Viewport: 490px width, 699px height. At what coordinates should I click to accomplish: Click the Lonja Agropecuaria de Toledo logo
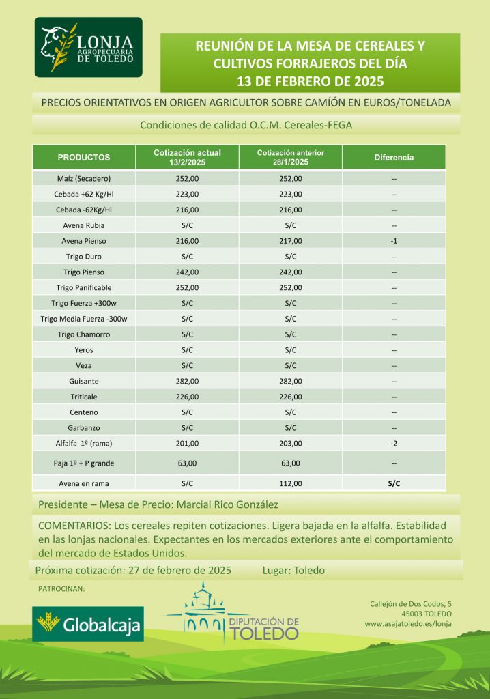pos(89,47)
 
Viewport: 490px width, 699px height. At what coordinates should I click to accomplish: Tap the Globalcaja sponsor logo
pos(88,624)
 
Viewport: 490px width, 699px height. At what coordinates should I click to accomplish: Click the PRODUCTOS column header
pos(84,157)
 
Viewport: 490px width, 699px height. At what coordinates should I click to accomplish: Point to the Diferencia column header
pos(394,157)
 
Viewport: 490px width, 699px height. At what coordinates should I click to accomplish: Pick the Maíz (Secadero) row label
pos(84,178)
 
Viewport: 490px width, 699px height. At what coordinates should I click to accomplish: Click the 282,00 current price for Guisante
pos(188,381)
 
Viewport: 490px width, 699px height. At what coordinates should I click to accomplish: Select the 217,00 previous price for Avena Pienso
pos(290,241)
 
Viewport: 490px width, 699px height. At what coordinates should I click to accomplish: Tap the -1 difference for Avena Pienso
pos(394,241)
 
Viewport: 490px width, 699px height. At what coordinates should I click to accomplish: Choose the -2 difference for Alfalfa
pos(394,444)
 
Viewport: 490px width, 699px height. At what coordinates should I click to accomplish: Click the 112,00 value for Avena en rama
pos(290,484)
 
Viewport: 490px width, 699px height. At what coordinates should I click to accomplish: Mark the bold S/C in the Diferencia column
pos(394,484)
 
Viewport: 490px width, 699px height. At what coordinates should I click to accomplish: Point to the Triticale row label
pos(84,397)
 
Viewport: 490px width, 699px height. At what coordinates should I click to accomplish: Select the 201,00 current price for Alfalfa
pos(188,444)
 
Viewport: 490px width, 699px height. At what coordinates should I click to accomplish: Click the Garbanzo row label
pos(84,428)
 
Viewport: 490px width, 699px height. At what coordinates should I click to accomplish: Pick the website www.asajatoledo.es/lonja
pos(407,623)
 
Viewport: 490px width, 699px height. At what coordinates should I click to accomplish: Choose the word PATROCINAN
pos(61,588)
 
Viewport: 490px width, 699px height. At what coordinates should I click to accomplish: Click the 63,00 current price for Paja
pos(188,464)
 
